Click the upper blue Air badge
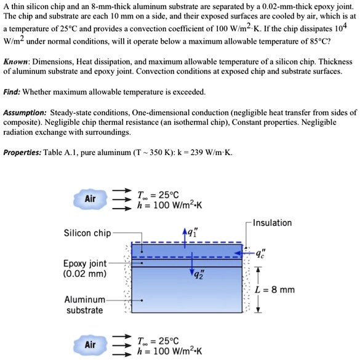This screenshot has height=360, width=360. [x=90, y=199]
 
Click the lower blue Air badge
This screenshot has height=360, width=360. [x=90, y=345]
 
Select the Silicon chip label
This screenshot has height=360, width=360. [x=87, y=233]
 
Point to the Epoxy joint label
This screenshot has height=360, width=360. [x=84, y=263]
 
